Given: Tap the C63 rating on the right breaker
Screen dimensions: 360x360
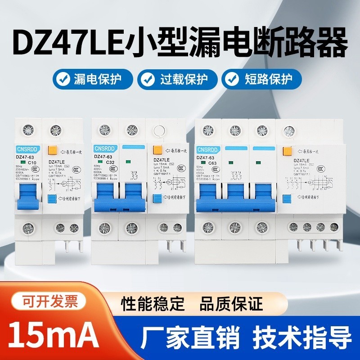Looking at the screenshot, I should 212,162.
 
